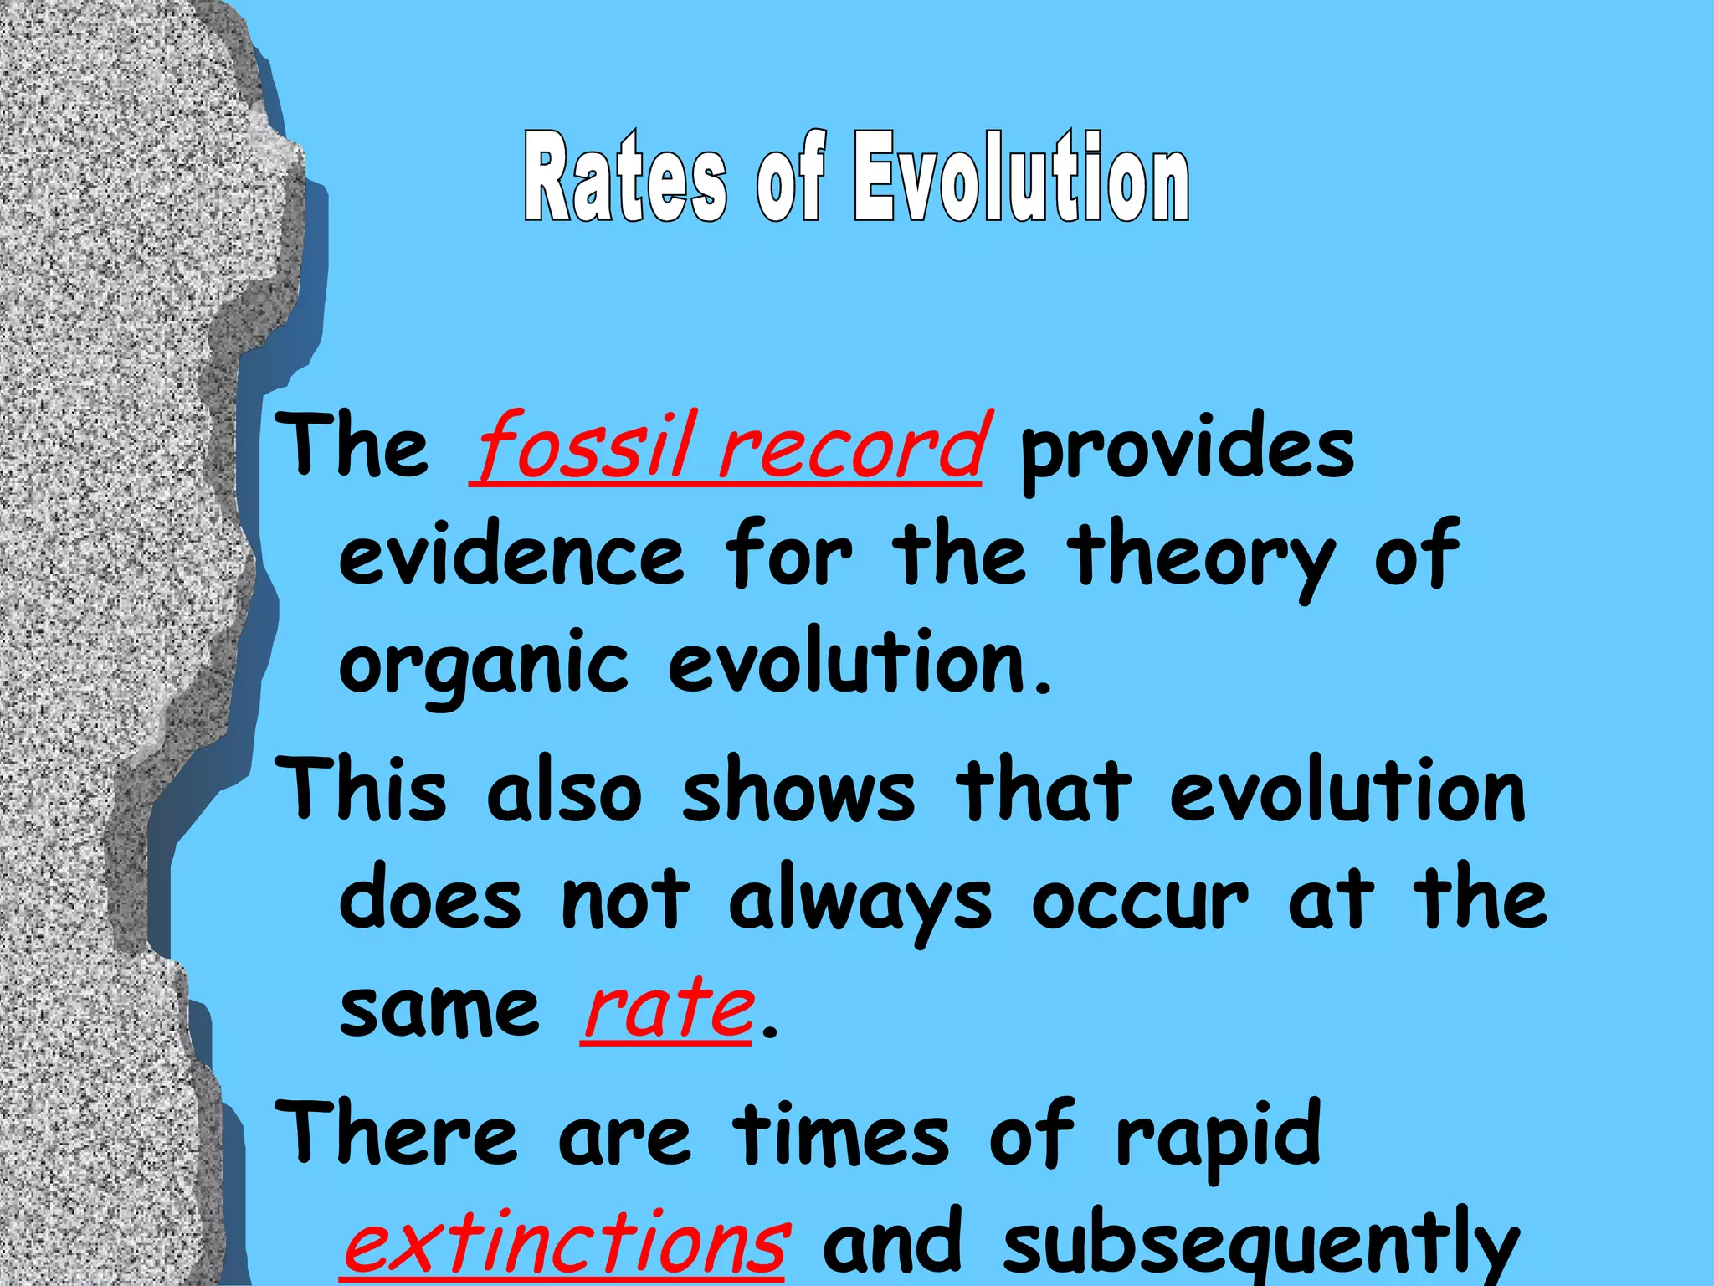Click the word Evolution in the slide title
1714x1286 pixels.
(x=1021, y=177)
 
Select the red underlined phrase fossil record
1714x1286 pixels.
(x=726, y=448)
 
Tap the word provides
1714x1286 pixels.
(x=1187, y=452)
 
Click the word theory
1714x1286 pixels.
(x=1202, y=559)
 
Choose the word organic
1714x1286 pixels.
(x=483, y=668)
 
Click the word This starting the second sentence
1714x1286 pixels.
(x=362, y=789)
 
